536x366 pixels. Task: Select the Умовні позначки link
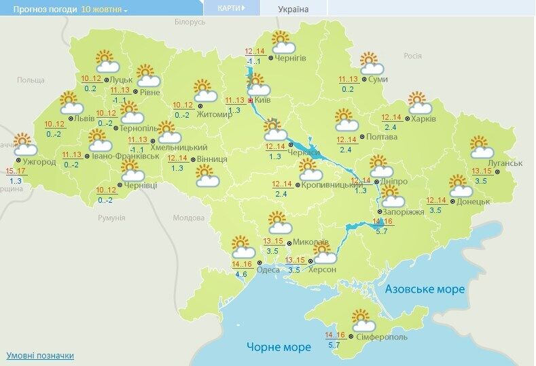pyautogui.click(x=40, y=356)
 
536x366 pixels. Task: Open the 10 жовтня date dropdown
pyautogui.click(x=104, y=10)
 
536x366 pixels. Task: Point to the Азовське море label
pyautogui.click(x=425, y=289)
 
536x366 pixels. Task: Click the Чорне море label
pyautogui.click(x=279, y=347)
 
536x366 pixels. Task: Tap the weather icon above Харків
pyautogui.click(x=421, y=103)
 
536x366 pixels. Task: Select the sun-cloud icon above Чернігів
pyautogui.click(x=282, y=42)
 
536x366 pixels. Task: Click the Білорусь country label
pyautogui.click(x=189, y=22)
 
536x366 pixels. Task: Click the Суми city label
pyautogui.click(x=378, y=80)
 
